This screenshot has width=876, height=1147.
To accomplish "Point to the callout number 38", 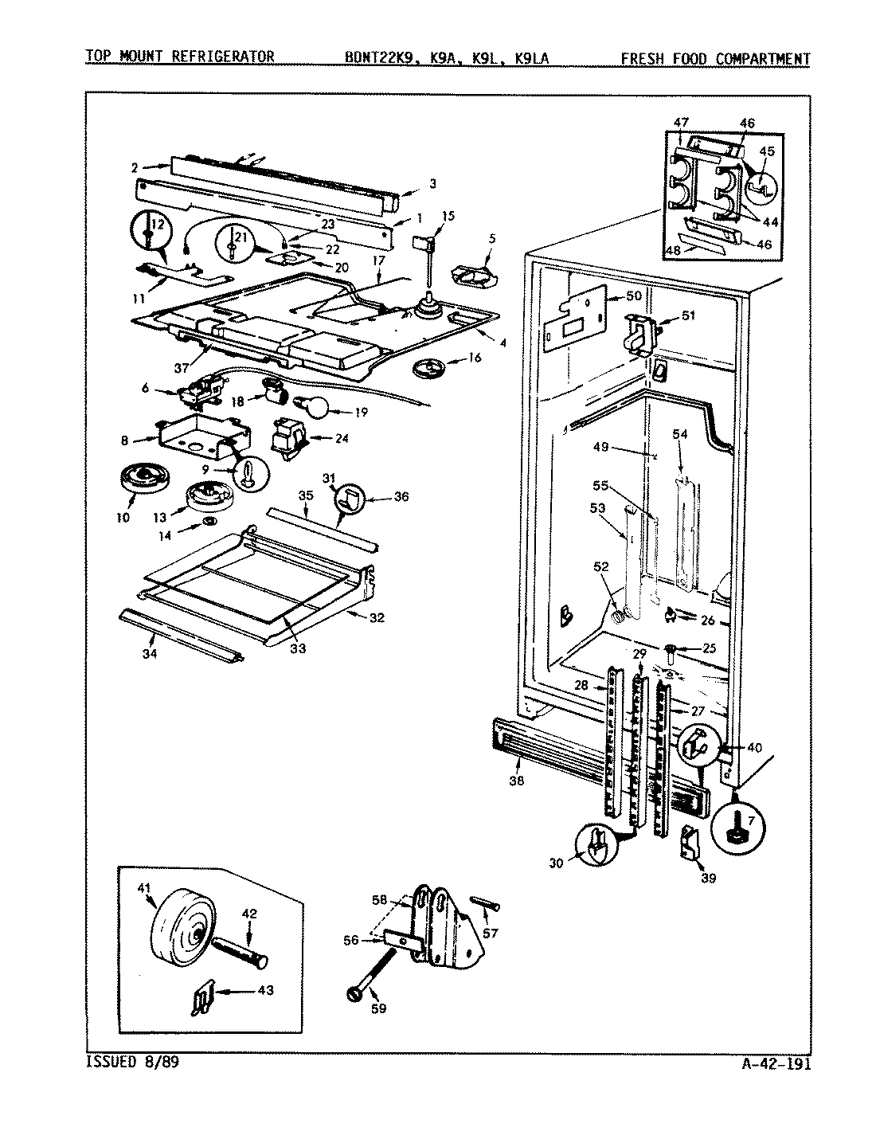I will [x=516, y=781].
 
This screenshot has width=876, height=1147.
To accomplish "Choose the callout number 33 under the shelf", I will [x=297, y=649].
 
